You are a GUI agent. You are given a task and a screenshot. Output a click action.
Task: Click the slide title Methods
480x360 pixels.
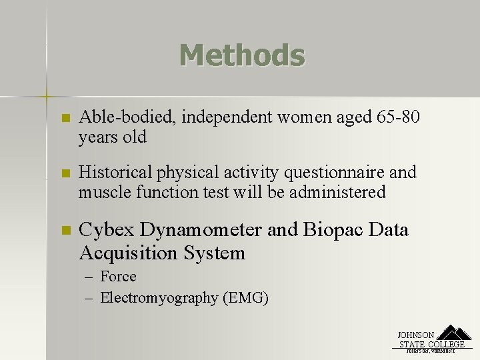click(241, 55)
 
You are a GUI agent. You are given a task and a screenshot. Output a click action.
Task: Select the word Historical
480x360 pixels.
click(115, 173)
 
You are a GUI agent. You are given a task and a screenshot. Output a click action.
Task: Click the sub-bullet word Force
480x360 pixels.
click(118, 277)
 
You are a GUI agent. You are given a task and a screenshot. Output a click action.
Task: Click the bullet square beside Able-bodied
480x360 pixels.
click(65, 119)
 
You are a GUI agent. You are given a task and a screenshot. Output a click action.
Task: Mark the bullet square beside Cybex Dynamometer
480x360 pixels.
click(65, 231)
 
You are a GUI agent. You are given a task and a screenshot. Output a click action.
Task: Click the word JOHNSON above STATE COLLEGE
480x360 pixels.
click(416, 335)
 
